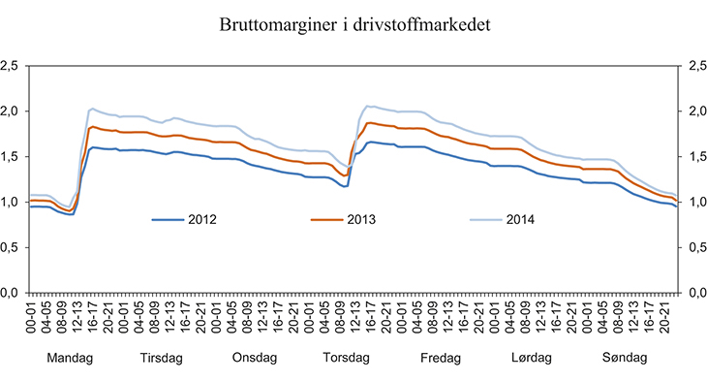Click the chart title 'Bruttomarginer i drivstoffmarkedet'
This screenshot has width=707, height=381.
[x=353, y=26]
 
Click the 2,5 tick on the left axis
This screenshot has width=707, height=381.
[x=12, y=66]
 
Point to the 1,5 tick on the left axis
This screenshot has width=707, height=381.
[x=12, y=157]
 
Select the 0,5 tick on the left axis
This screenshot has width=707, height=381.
[x=12, y=247]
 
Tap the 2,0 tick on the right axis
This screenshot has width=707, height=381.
[x=692, y=111]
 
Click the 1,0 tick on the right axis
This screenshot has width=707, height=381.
[x=692, y=202]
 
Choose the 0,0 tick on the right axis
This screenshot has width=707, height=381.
[x=692, y=293]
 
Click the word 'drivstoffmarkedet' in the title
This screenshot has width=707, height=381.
[x=425, y=26]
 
